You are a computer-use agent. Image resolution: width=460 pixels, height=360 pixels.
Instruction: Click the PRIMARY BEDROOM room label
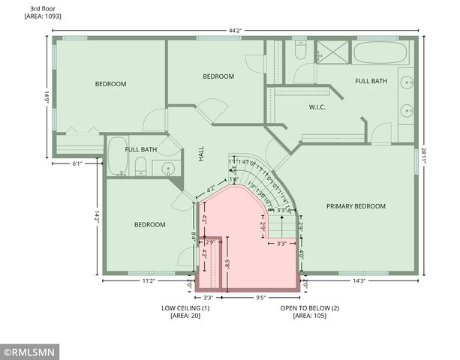pos(355,206)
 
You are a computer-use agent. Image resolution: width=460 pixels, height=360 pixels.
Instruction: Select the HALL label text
pos(200,154)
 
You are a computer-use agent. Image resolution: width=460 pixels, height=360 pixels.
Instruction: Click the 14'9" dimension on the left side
pos(47,97)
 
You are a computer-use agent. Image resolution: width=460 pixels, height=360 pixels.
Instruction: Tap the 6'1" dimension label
pos(77,163)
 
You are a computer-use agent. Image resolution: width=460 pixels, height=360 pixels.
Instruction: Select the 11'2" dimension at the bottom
pos(149,281)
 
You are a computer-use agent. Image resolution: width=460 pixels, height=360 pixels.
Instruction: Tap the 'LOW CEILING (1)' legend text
pos(185,308)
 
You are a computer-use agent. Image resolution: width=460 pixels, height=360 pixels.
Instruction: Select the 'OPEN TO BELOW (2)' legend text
pos(310,308)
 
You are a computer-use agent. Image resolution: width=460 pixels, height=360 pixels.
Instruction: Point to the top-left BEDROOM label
pos(110,84)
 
